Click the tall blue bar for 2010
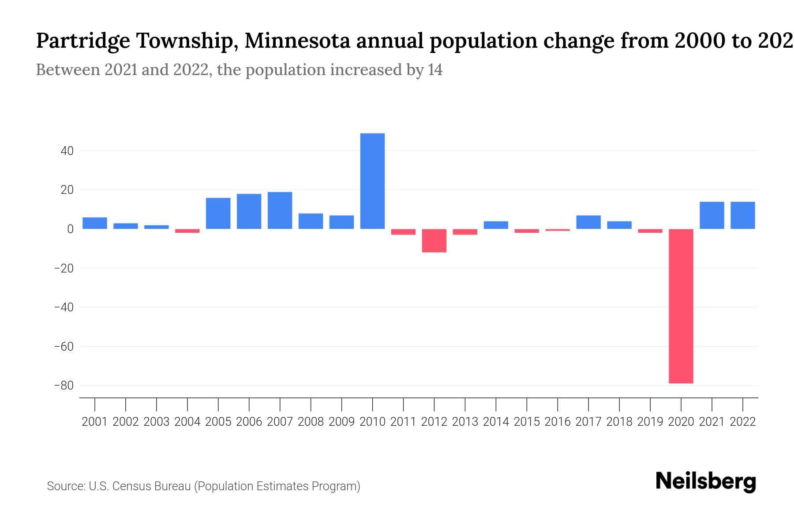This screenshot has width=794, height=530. tap(372, 181)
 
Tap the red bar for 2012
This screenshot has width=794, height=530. tap(434, 241)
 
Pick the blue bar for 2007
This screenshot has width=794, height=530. tap(280, 210)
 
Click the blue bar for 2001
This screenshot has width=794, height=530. tap(95, 223)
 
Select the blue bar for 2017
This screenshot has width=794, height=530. tap(588, 222)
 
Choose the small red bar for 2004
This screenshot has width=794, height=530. tap(187, 231)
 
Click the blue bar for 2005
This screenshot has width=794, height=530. tap(218, 213)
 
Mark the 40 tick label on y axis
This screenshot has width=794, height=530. tap(67, 151)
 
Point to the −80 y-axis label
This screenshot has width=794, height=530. tap(64, 386)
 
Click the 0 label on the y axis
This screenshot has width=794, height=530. tap(70, 229)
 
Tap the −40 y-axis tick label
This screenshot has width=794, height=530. tap(64, 307)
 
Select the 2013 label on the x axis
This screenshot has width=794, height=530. tap(465, 422)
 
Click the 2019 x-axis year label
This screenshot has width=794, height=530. tap(650, 422)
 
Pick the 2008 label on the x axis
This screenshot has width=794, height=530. tap(311, 422)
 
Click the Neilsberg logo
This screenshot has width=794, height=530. tap(706, 481)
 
